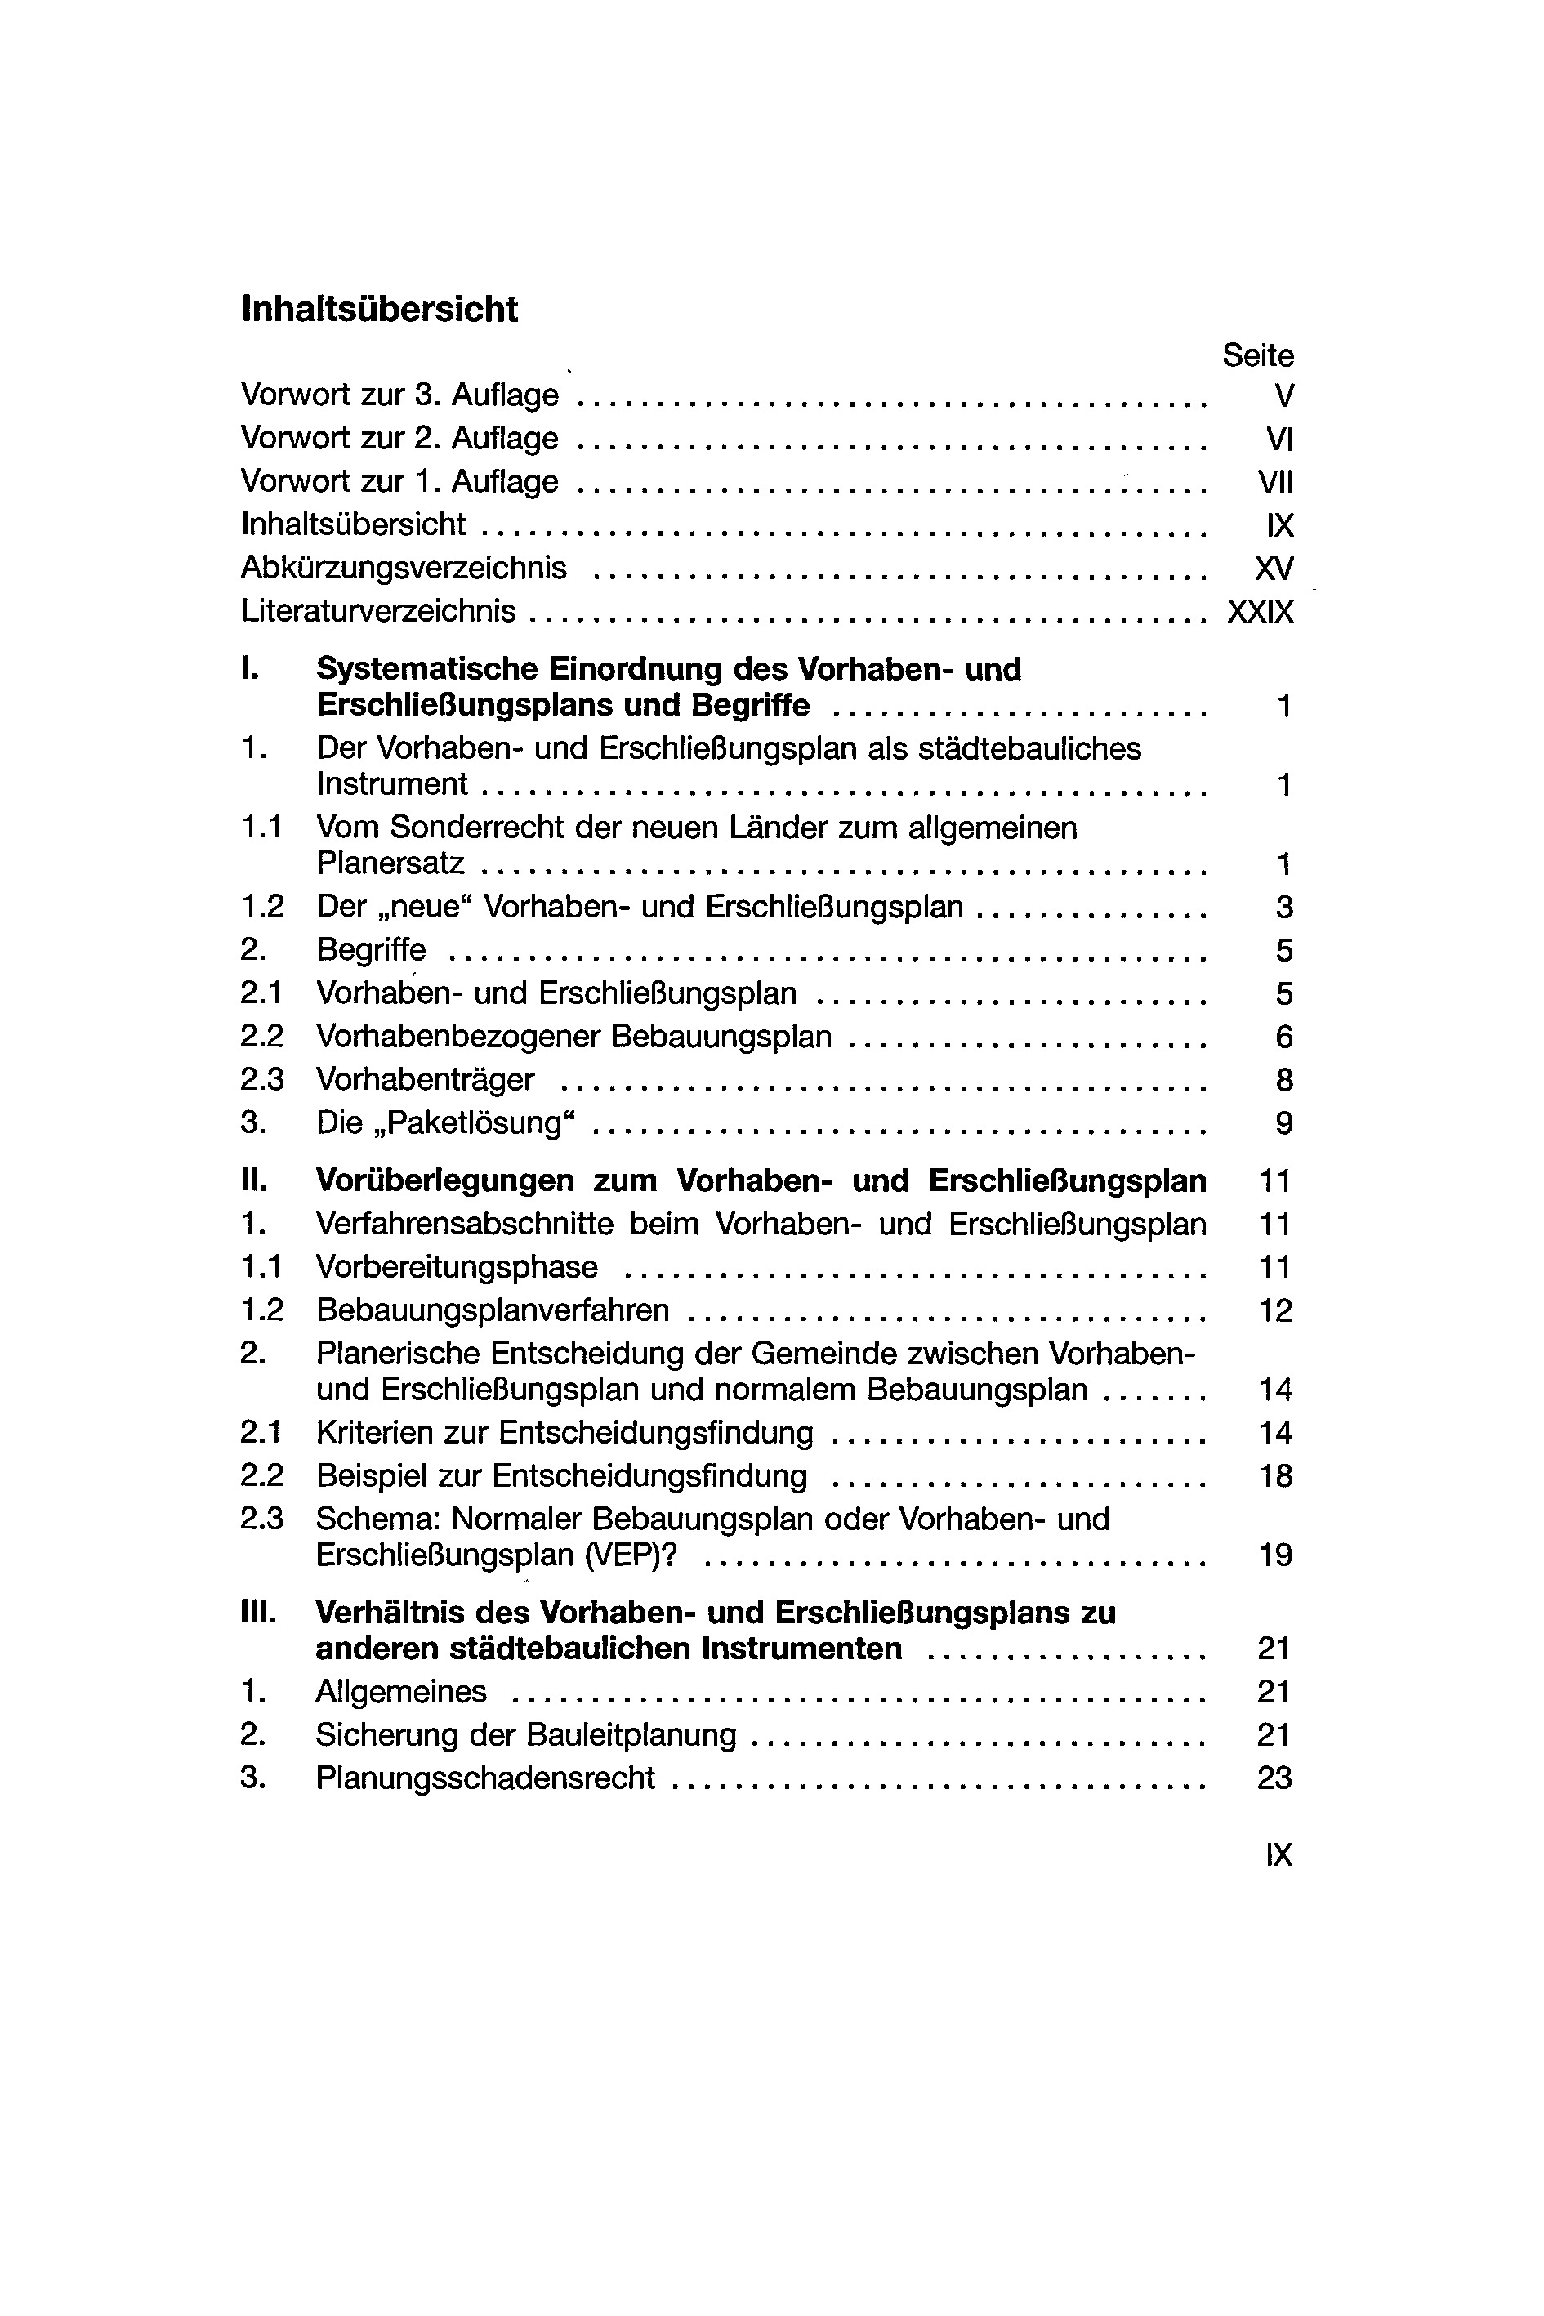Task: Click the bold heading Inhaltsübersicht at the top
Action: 379,309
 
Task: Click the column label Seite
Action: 1257,355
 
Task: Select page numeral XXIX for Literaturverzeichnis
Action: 1261,613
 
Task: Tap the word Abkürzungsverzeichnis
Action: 404,568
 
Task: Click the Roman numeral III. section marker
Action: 258,1613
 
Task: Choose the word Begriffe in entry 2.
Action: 371,950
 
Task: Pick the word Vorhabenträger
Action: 426,1080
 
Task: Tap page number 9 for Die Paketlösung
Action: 1284,1123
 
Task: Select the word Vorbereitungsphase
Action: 457,1267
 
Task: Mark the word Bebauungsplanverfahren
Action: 493,1310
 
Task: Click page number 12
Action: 1275,1310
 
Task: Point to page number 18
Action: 1275,1476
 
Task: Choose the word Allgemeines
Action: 401,1692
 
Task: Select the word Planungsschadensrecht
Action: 485,1778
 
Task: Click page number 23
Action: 1274,1778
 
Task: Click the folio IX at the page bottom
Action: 1278,1855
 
